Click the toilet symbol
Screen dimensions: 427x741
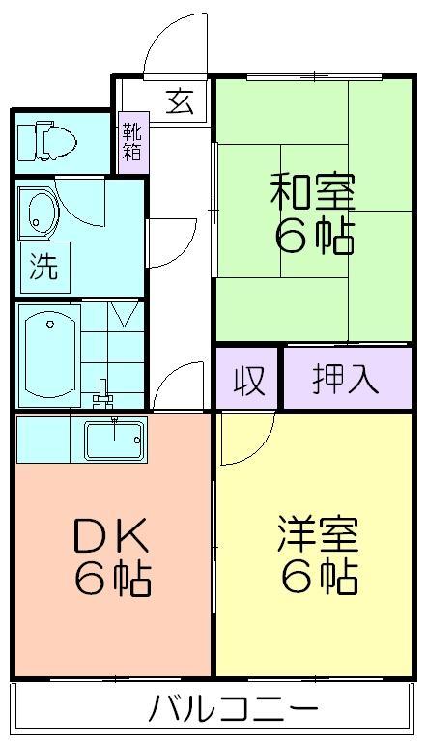[x=46, y=140]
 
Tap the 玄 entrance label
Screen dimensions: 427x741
[x=180, y=101]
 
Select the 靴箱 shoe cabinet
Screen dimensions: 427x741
[x=133, y=143]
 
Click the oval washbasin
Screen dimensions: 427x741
[x=40, y=213]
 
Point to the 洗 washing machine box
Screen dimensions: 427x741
[x=44, y=267]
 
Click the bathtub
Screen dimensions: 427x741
[x=49, y=355]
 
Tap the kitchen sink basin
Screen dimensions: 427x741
[x=114, y=441]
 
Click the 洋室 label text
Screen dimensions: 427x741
[x=318, y=534]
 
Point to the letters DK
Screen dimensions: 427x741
[x=111, y=535]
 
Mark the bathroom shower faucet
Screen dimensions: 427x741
[x=103, y=393]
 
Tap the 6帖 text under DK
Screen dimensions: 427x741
[x=113, y=578]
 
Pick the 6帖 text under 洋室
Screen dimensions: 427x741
[x=320, y=576]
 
